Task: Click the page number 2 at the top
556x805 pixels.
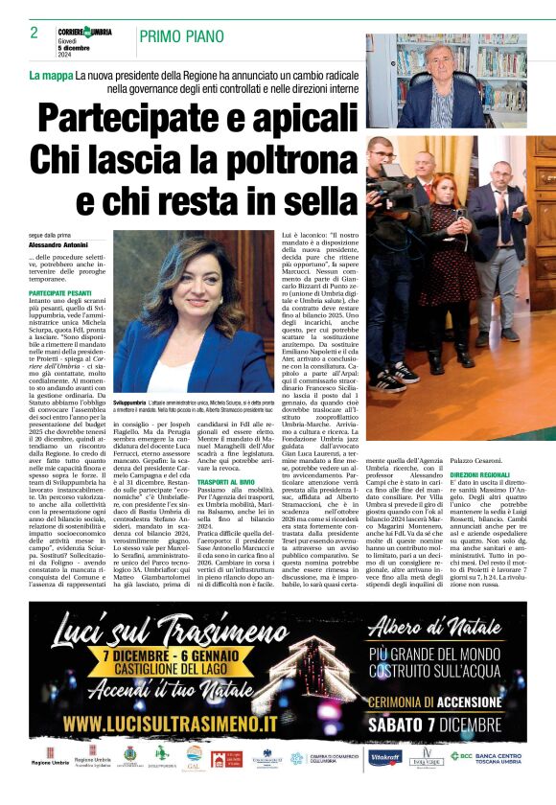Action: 34,33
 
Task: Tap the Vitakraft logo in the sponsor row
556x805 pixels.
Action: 384,756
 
